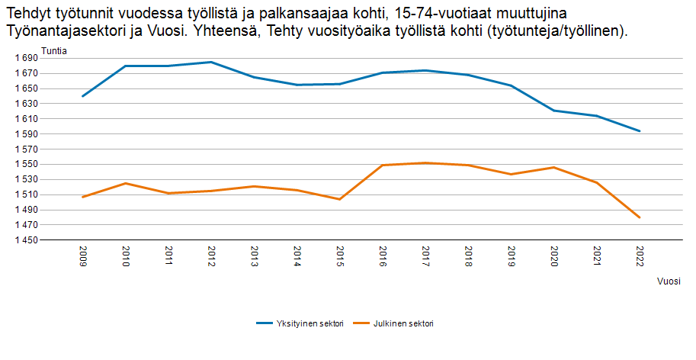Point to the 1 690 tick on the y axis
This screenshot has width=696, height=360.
(x=26, y=58)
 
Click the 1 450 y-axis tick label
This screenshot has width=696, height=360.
(x=26, y=240)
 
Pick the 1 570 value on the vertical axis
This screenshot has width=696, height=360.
(x=26, y=149)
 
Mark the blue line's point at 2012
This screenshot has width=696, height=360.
(x=211, y=62)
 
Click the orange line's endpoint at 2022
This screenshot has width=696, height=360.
(x=640, y=217)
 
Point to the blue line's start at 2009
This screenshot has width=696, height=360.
(x=82, y=96)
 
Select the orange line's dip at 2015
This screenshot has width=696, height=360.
(x=339, y=199)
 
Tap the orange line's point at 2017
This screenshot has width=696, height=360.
(x=425, y=162)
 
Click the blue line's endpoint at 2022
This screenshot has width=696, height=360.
(x=640, y=131)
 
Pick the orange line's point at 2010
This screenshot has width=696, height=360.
(x=125, y=183)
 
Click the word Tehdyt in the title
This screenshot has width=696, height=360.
(x=28, y=14)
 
